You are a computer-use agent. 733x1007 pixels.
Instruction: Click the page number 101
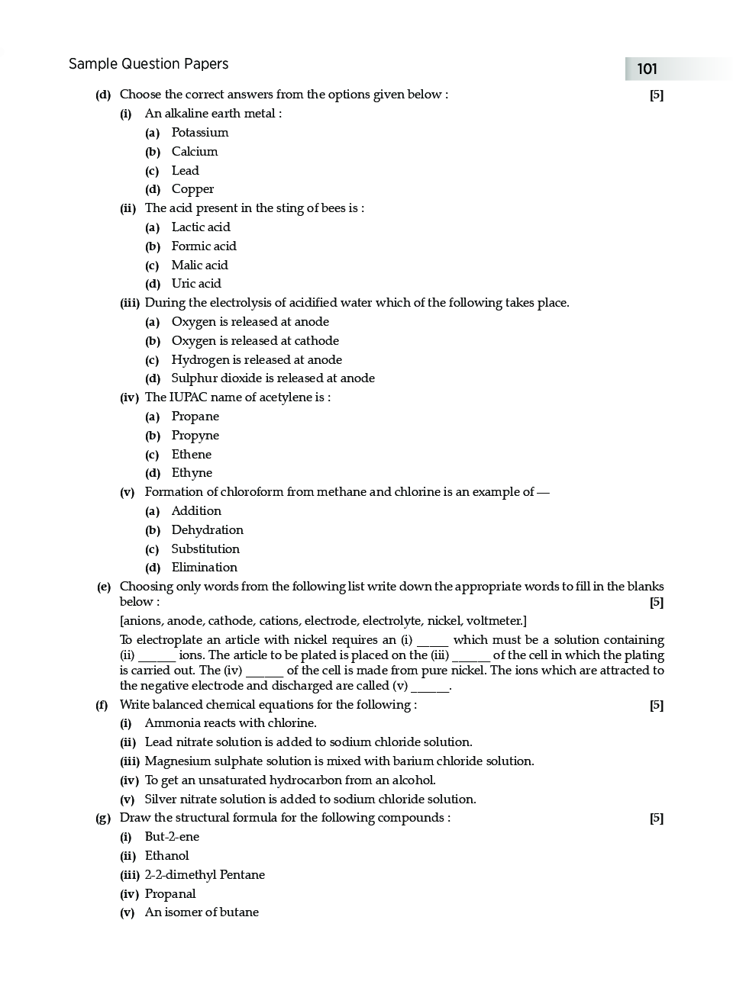(x=647, y=69)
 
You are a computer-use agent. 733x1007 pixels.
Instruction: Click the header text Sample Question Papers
(x=148, y=64)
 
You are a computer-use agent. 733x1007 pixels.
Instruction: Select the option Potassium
(x=199, y=133)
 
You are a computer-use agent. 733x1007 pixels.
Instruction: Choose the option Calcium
(x=194, y=152)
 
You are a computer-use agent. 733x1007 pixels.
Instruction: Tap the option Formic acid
(x=203, y=246)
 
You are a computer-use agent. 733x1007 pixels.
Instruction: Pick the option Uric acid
(x=195, y=284)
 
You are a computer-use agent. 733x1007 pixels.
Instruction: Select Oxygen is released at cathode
(x=254, y=341)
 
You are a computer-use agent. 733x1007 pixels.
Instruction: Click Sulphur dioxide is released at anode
(x=273, y=378)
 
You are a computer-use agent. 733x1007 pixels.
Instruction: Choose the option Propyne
(x=195, y=436)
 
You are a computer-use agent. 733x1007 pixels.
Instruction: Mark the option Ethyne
(x=192, y=473)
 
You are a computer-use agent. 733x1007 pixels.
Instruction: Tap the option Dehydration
(x=207, y=530)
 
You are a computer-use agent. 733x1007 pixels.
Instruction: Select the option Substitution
(x=205, y=549)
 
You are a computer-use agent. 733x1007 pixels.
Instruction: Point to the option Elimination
(x=204, y=568)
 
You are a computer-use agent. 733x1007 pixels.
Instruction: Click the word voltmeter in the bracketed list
(x=495, y=621)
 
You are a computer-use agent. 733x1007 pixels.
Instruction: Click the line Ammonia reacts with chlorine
(x=230, y=723)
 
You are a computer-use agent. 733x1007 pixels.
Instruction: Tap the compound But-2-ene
(x=172, y=837)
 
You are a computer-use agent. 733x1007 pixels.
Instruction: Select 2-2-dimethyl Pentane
(x=205, y=875)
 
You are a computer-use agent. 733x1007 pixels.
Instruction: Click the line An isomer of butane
(x=202, y=912)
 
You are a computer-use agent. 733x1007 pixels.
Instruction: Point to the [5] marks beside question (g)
(x=656, y=819)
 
